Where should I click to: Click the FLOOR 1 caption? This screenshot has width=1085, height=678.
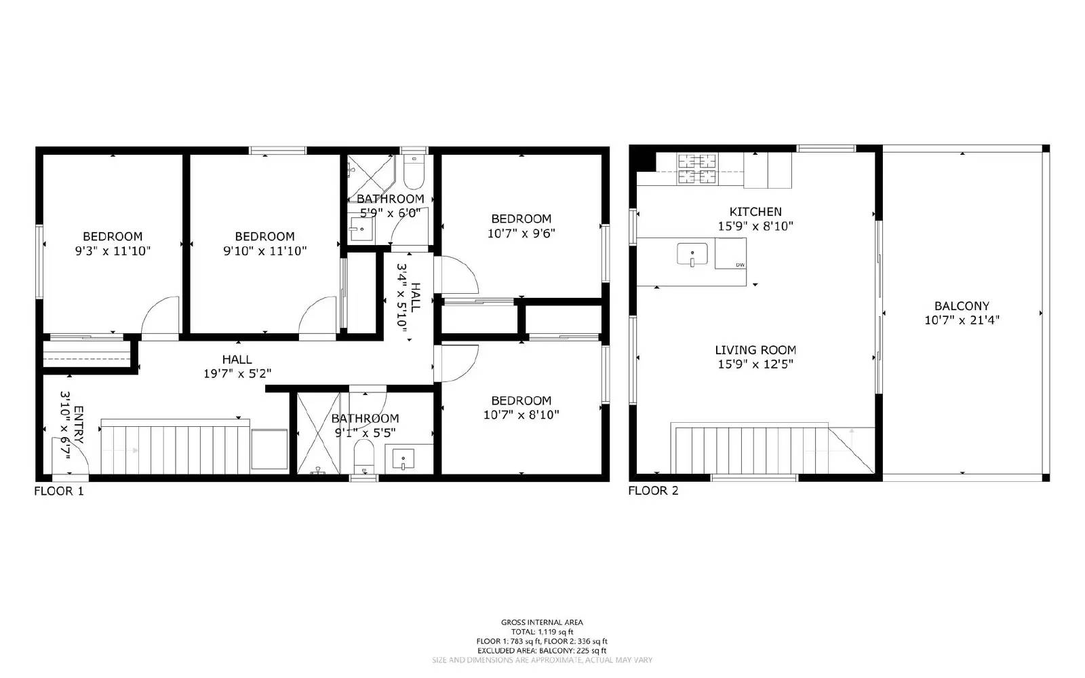(59, 491)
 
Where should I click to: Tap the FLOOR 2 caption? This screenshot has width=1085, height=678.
(653, 491)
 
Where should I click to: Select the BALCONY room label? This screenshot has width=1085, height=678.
(962, 306)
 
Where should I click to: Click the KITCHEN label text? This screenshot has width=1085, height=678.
(755, 212)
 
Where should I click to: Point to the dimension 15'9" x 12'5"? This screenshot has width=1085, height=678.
(755, 364)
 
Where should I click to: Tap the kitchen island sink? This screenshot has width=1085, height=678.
(692, 255)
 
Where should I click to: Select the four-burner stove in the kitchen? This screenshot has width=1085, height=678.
(698, 169)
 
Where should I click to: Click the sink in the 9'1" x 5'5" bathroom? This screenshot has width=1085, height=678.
(403, 459)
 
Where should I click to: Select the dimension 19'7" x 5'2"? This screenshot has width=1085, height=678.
(237, 373)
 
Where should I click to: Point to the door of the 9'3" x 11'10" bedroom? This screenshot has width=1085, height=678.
(161, 316)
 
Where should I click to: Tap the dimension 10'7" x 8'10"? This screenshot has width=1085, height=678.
(521, 415)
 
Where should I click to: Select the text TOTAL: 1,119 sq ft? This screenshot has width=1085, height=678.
(542, 632)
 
